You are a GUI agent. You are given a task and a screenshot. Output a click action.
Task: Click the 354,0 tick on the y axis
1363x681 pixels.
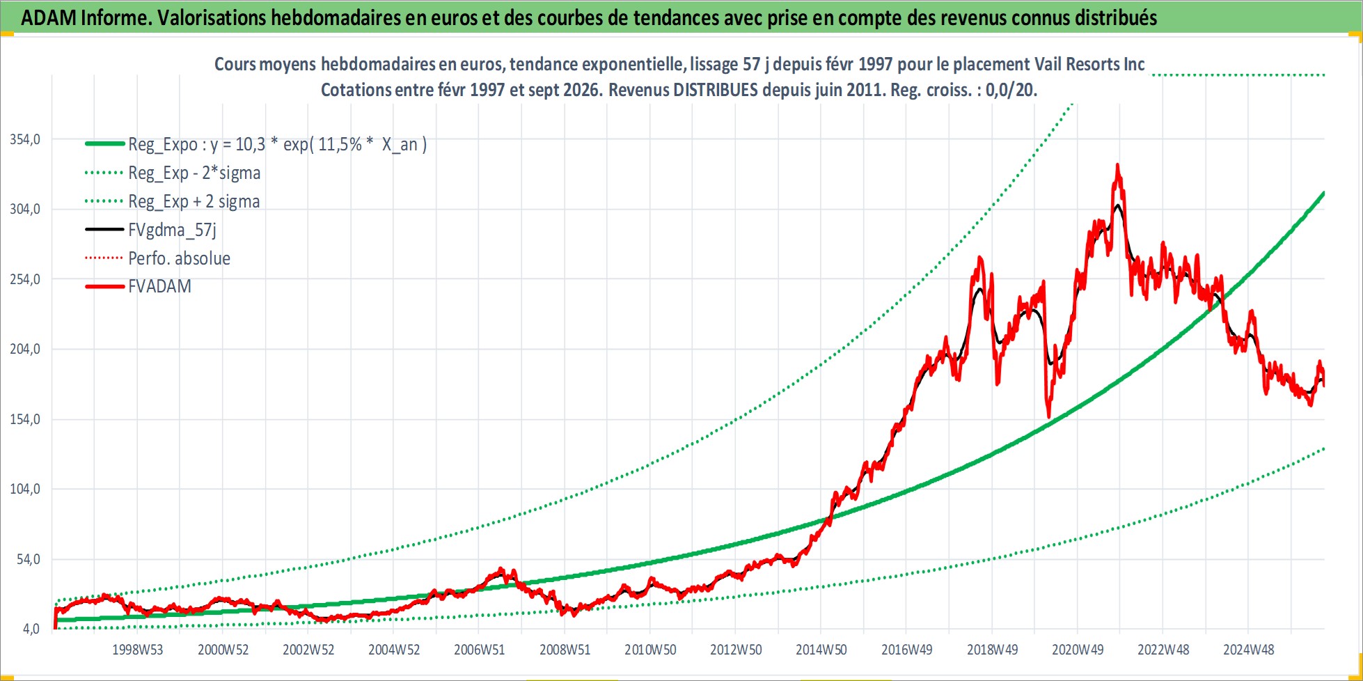pos(25,139)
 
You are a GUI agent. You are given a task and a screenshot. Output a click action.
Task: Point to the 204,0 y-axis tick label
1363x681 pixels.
pos(25,349)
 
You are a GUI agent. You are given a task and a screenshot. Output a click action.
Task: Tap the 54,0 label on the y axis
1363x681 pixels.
pos(29,559)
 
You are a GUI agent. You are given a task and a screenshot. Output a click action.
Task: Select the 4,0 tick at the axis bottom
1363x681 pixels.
pos(31,629)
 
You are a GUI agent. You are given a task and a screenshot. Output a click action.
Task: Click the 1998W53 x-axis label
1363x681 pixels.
pos(137,650)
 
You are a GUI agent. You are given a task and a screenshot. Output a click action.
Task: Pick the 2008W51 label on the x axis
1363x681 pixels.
pos(565,650)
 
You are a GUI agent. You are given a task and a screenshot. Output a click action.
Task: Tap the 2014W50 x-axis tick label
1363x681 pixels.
pos(821,650)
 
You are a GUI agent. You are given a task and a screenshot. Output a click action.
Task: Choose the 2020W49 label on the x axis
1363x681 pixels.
pos(1078,650)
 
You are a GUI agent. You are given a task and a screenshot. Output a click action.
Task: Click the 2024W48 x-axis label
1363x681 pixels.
pos(1249,650)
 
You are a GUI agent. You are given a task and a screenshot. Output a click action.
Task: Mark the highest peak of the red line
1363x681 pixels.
pos(1117,164)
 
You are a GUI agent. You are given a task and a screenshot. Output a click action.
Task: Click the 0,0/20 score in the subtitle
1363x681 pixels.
pos(1011,90)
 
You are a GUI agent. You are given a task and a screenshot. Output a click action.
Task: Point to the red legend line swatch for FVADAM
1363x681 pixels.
pos(104,286)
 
